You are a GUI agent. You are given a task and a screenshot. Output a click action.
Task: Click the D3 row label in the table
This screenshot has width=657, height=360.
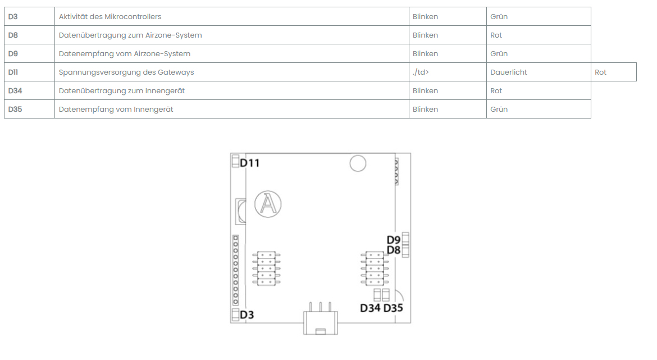coord(13,17)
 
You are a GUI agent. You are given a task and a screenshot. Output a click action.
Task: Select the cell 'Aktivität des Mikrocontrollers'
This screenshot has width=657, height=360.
coord(109,17)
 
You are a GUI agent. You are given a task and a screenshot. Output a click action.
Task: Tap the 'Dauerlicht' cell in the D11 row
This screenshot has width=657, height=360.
coord(508,72)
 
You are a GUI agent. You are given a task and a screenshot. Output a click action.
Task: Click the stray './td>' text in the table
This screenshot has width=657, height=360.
coord(421,72)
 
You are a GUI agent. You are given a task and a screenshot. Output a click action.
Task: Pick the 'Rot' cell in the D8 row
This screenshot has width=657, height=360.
coord(496,35)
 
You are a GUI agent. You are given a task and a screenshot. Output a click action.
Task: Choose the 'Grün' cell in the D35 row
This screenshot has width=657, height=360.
coord(499,109)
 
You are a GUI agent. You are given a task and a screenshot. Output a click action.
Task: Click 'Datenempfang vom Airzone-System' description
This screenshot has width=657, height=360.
coord(125,54)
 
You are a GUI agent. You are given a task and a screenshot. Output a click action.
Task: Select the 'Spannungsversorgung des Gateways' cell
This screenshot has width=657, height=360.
coord(126,72)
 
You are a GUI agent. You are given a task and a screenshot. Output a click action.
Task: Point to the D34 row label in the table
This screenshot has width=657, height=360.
coord(15,90)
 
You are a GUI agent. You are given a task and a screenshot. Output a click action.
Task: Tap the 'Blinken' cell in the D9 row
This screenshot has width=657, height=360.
coord(425,54)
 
